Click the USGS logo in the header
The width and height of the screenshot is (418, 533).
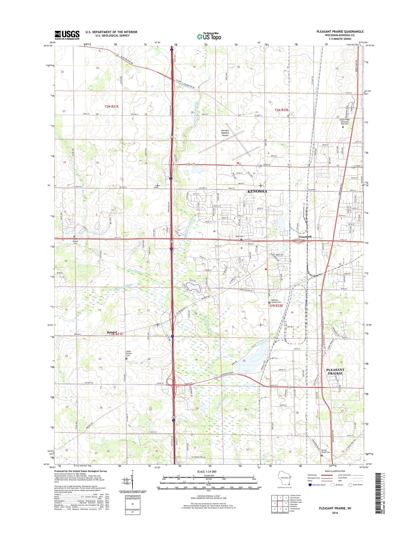coord(67,35)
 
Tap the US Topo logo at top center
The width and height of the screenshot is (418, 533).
coord(209,36)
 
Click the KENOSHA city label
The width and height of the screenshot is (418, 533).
coord(257,191)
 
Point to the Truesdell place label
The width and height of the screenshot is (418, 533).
coord(305,237)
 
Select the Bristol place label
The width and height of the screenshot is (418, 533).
coord(112,332)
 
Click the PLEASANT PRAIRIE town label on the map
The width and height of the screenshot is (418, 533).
coord(335,372)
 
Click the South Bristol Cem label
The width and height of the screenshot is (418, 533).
coord(129,354)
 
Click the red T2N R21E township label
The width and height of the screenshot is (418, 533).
coord(112,106)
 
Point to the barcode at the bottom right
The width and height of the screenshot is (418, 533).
coord(378,493)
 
